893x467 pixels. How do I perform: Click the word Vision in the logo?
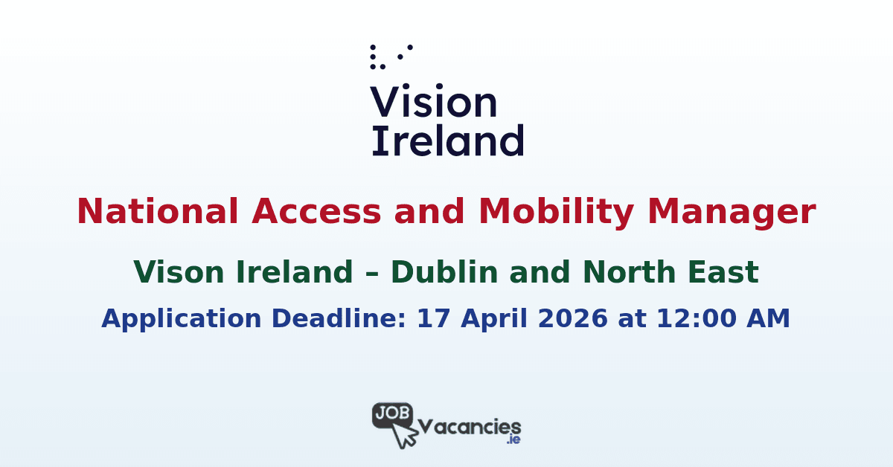point(434,103)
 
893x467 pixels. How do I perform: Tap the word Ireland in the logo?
point(447,140)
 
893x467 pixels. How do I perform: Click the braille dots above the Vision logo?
point(390,57)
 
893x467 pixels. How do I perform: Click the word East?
point(724,273)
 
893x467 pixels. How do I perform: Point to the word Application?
point(182,318)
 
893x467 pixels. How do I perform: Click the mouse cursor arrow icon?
point(406,435)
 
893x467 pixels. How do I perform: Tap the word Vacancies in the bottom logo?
point(470,427)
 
